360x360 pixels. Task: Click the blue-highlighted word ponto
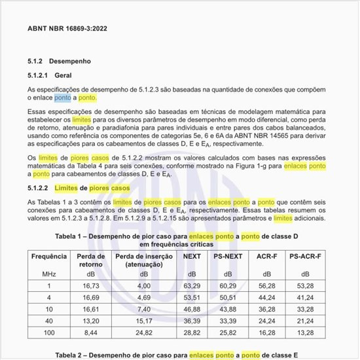[63, 98]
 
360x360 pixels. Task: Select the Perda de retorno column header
[91, 261]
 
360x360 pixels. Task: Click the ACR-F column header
[266, 256]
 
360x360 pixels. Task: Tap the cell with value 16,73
[91, 285]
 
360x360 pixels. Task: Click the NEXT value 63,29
[192, 285]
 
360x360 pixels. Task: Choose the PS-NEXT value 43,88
[227, 308]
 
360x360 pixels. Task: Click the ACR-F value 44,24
[266, 297]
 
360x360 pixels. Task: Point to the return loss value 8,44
[91, 332]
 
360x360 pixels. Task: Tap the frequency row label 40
[48, 320]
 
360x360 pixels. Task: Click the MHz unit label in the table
[48, 274]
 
